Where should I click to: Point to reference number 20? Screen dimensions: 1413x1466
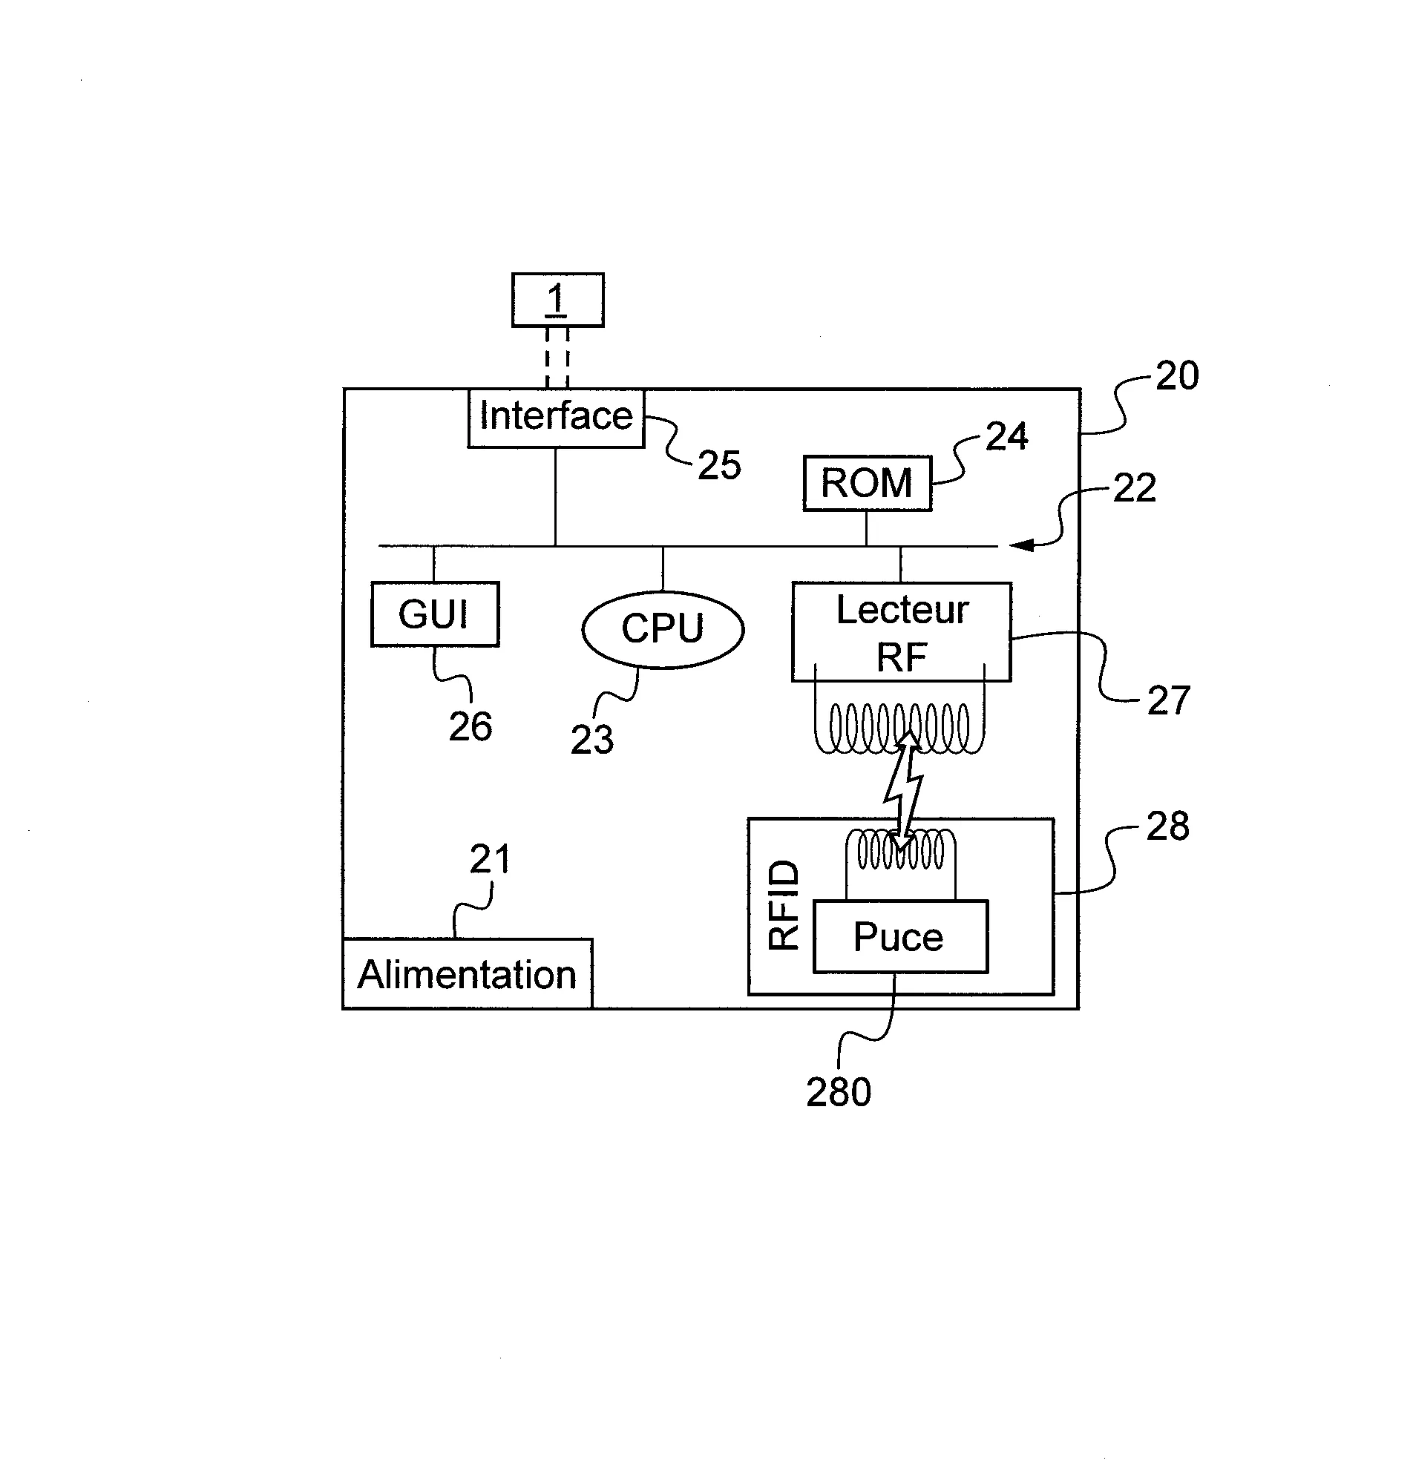point(1177,375)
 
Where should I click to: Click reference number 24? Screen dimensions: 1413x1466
point(1007,436)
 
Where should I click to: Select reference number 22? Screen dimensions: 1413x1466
point(1135,487)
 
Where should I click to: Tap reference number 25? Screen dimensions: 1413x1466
point(720,464)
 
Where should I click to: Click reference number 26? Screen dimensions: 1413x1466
point(471,726)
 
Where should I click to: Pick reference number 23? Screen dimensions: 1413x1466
point(592,740)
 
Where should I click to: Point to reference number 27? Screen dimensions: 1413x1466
point(1168,701)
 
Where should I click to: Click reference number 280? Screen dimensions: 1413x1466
point(839,1091)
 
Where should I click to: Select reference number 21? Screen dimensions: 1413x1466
point(490,858)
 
